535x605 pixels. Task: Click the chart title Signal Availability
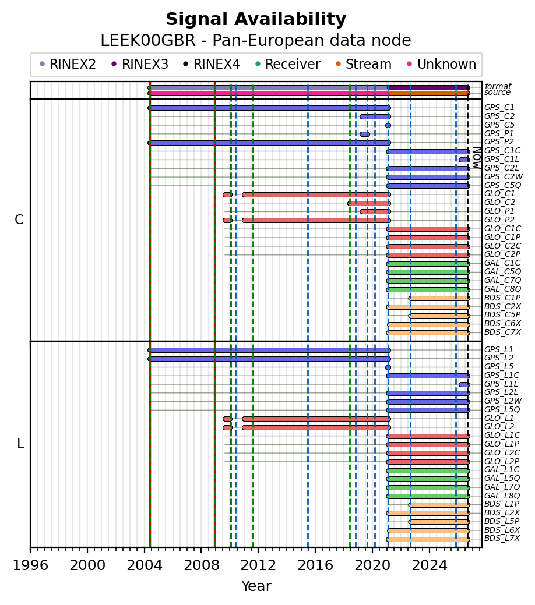point(256,19)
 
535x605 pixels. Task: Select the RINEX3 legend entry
point(140,64)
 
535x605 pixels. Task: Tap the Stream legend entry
point(364,64)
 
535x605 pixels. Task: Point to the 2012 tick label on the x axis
point(259,565)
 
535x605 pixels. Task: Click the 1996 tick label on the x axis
point(30,565)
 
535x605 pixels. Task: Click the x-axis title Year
point(256,586)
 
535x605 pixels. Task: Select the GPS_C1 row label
point(499,107)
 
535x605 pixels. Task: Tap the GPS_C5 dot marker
point(388,125)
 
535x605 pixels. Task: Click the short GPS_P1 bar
point(365,135)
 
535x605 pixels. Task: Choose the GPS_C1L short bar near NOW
point(464,160)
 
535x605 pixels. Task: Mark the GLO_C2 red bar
point(369,203)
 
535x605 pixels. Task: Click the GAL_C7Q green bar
point(428,281)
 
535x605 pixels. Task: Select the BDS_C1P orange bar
point(439,298)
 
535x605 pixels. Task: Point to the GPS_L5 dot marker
point(388,367)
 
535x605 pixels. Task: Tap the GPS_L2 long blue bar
point(269,359)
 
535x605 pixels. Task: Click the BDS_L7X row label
point(502,539)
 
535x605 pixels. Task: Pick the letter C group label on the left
point(19,220)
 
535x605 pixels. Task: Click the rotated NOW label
point(477,158)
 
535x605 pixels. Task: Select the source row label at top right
point(498,92)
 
